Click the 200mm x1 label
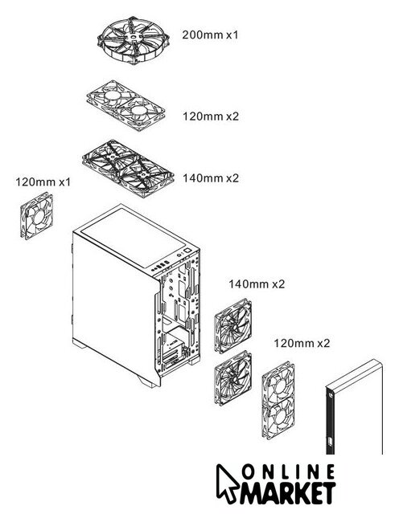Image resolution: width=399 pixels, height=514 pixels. (x=210, y=35)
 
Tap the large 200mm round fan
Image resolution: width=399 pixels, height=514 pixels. (x=134, y=40)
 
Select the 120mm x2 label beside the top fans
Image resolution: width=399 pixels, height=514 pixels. (x=211, y=116)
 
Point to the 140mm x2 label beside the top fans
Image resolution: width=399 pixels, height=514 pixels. (x=211, y=178)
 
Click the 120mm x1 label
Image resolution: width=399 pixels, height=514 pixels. (x=43, y=182)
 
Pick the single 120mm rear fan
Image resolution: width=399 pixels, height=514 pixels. (x=37, y=216)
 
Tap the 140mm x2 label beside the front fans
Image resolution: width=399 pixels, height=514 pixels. (x=257, y=284)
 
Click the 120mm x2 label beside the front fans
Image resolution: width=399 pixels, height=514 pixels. (x=302, y=343)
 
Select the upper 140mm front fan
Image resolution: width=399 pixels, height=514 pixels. (x=233, y=325)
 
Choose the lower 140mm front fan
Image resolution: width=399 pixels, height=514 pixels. (x=233, y=378)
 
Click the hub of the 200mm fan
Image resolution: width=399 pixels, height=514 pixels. (x=134, y=37)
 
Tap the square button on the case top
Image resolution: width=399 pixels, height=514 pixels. (x=187, y=251)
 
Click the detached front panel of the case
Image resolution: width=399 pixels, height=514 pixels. (x=354, y=407)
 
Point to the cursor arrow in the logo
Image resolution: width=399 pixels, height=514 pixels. (x=227, y=482)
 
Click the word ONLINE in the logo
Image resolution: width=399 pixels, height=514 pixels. (x=289, y=473)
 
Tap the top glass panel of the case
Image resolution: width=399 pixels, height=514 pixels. (x=134, y=239)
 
